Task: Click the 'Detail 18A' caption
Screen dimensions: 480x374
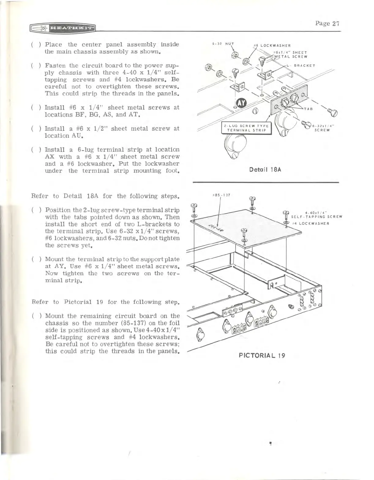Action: tap(265, 169)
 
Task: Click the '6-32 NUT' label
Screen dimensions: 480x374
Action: tap(223, 44)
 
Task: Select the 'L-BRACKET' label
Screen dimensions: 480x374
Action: tap(301, 65)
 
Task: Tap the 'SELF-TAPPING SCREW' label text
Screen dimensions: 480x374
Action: tap(316, 217)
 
